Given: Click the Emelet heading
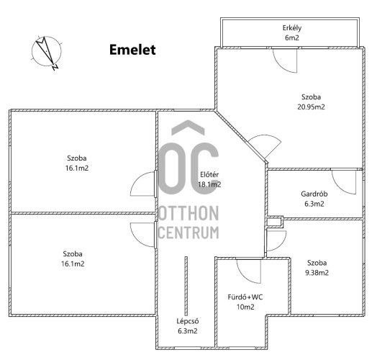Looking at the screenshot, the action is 132,50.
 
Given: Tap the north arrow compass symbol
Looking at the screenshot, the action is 46,52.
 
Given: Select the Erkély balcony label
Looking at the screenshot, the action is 292,28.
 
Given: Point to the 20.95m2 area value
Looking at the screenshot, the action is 311,107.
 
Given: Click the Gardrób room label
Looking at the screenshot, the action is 314,194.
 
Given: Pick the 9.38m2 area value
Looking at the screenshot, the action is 317,273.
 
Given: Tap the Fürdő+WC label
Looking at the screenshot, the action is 245,297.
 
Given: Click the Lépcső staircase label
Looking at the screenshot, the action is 188,321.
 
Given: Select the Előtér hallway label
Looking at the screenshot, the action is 209,174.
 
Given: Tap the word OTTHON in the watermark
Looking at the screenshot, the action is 188,213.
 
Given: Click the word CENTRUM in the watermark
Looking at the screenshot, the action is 188,233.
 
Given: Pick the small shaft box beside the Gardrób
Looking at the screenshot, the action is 275,222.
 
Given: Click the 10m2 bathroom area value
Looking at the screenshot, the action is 245,307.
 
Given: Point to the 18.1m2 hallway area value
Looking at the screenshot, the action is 209,184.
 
